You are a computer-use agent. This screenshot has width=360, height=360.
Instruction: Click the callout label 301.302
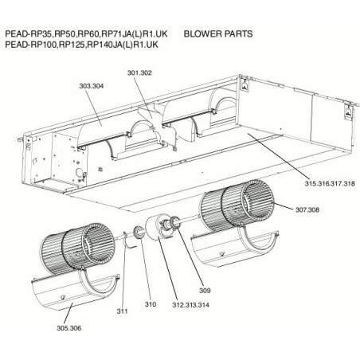[x=139, y=72]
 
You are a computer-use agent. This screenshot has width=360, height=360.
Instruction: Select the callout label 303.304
[x=92, y=86]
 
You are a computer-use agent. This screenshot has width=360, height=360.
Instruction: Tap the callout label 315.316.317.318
[x=330, y=183]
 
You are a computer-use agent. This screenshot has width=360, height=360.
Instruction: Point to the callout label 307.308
[x=307, y=210]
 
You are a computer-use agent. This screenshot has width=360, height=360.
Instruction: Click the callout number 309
[x=205, y=291]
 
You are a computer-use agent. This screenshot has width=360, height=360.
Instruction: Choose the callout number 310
[x=151, y=304]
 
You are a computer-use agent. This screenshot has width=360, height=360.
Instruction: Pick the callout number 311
[x=123, y=311]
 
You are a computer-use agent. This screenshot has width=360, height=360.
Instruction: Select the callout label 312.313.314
[x=191, y=305]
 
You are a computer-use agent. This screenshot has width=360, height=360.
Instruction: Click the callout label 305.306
[x=69, y=328]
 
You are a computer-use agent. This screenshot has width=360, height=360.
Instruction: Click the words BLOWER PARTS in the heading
[x=218, y=34]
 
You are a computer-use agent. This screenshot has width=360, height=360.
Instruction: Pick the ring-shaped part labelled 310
[x=139, y=232]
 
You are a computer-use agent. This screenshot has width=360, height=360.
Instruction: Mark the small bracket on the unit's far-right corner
[x=348, y=112]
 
